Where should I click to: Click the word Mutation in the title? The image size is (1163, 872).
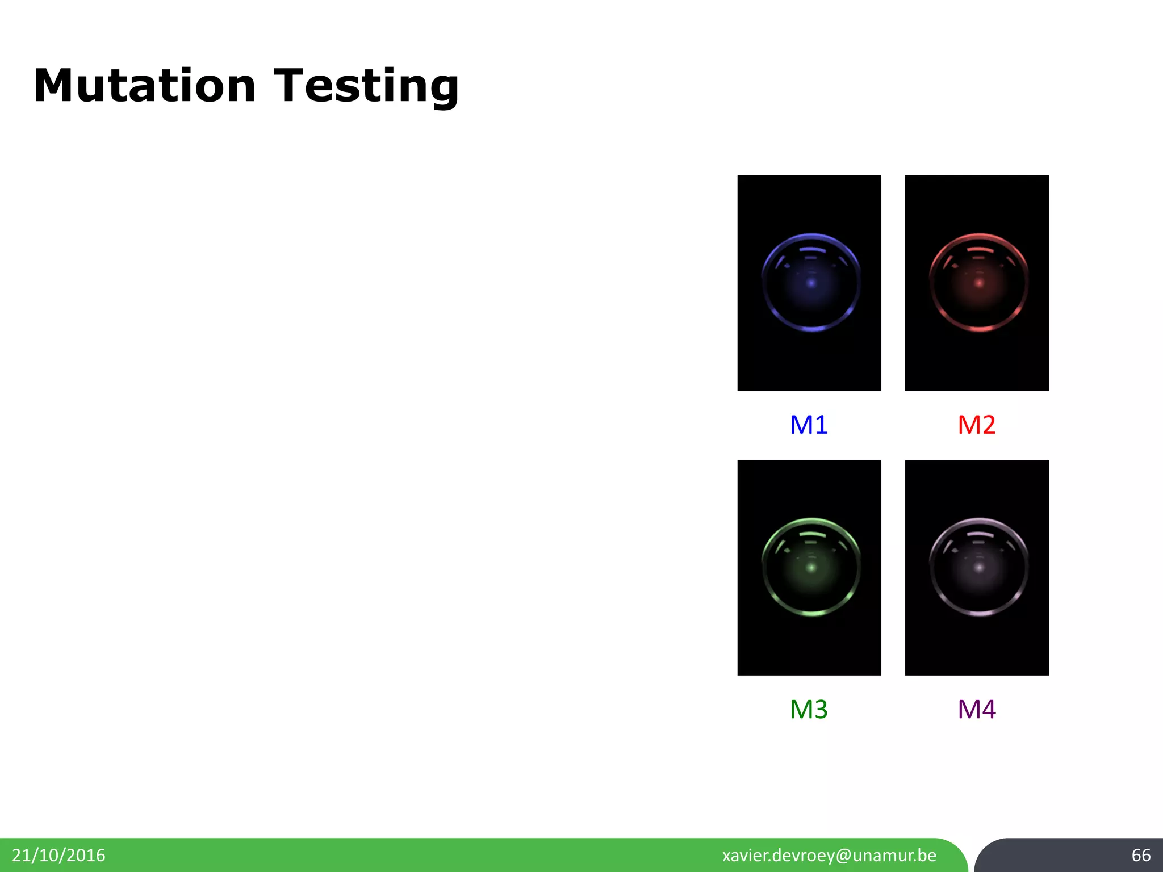(x=145, y=86)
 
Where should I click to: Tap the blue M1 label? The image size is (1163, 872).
(x=809, y=425)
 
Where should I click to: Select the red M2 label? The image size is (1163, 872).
(x=976, y=425)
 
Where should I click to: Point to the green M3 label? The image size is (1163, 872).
(x=809, y=709)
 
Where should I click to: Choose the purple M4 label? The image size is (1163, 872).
(x=976, y=709)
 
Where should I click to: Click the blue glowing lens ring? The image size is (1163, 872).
(x=811, y=328)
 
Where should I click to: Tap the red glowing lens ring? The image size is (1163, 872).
(x=978, y=328)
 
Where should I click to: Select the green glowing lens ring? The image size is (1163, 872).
(x=811, y=613)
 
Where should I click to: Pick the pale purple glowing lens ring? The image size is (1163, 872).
(x=978, y=613)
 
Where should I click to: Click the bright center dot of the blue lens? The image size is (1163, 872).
(x=811, y=283)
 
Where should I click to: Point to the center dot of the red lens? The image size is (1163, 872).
(x=979, y=283)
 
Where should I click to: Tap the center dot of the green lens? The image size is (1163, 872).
(x=811, y=567)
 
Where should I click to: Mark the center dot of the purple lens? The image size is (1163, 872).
(x=979, y=567)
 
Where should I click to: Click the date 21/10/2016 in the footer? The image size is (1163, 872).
(x=58, y=855)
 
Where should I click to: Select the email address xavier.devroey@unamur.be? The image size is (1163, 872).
(x=829, y=855)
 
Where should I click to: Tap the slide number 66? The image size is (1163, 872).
(x=1141, y=855)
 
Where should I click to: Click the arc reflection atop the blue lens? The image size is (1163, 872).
(x=812, y=249)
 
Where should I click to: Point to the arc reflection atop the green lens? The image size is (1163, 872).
(x=812, y=534)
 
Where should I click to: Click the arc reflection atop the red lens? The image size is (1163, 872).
(x=980, y=249)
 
